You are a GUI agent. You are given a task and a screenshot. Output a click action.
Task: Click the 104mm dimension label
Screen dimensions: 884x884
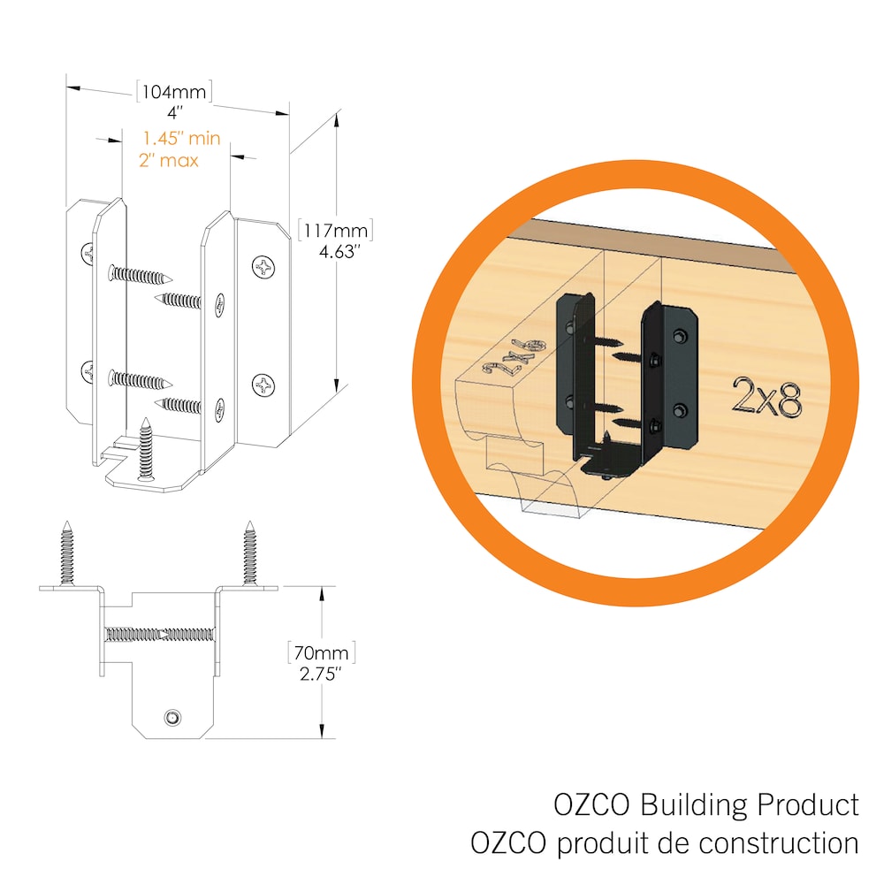coord(174,91)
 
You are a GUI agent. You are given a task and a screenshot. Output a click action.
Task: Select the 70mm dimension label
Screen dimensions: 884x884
coord(320,654)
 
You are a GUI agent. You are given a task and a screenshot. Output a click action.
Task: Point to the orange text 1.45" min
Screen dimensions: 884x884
coord(180,138)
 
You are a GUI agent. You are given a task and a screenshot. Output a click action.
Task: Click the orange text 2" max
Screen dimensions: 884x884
coord(169,160)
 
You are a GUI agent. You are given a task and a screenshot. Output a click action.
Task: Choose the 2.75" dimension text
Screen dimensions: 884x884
coord(320,674)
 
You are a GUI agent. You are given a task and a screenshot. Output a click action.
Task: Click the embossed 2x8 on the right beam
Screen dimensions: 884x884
coord(766,398)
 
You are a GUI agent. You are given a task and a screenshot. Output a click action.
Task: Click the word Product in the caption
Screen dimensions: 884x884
coord(809,805)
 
